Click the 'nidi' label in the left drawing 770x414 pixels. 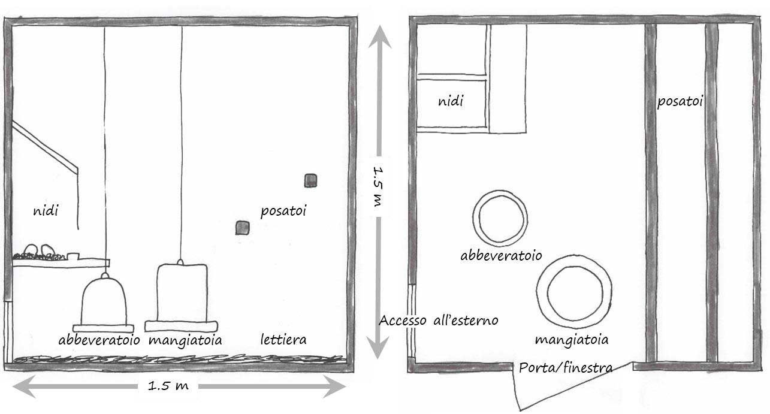[x=46, y=211]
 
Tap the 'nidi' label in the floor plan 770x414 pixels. [x=450, y=102]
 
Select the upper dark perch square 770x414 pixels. [x=310, y=180]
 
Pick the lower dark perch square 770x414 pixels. [x=242, y=228]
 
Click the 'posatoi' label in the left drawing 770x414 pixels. [x=283, y=211]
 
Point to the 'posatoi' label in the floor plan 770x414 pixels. [x=680, y=102]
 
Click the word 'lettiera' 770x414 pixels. [x=283, y=340]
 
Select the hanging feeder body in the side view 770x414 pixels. [x=182, y=294]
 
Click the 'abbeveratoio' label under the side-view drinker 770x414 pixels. [x=99, y=340]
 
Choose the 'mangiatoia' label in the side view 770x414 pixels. [x=185, y=340]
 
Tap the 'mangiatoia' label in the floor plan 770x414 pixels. [x=571, y=340]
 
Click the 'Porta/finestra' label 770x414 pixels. [x=566, y=367]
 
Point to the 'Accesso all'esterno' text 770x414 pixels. [x=439, y=320]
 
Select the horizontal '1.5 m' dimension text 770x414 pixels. [x=168, y=386]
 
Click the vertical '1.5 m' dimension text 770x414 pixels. [x=378, y=186]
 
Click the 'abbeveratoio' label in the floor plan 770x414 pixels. [x=501, y=255]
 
